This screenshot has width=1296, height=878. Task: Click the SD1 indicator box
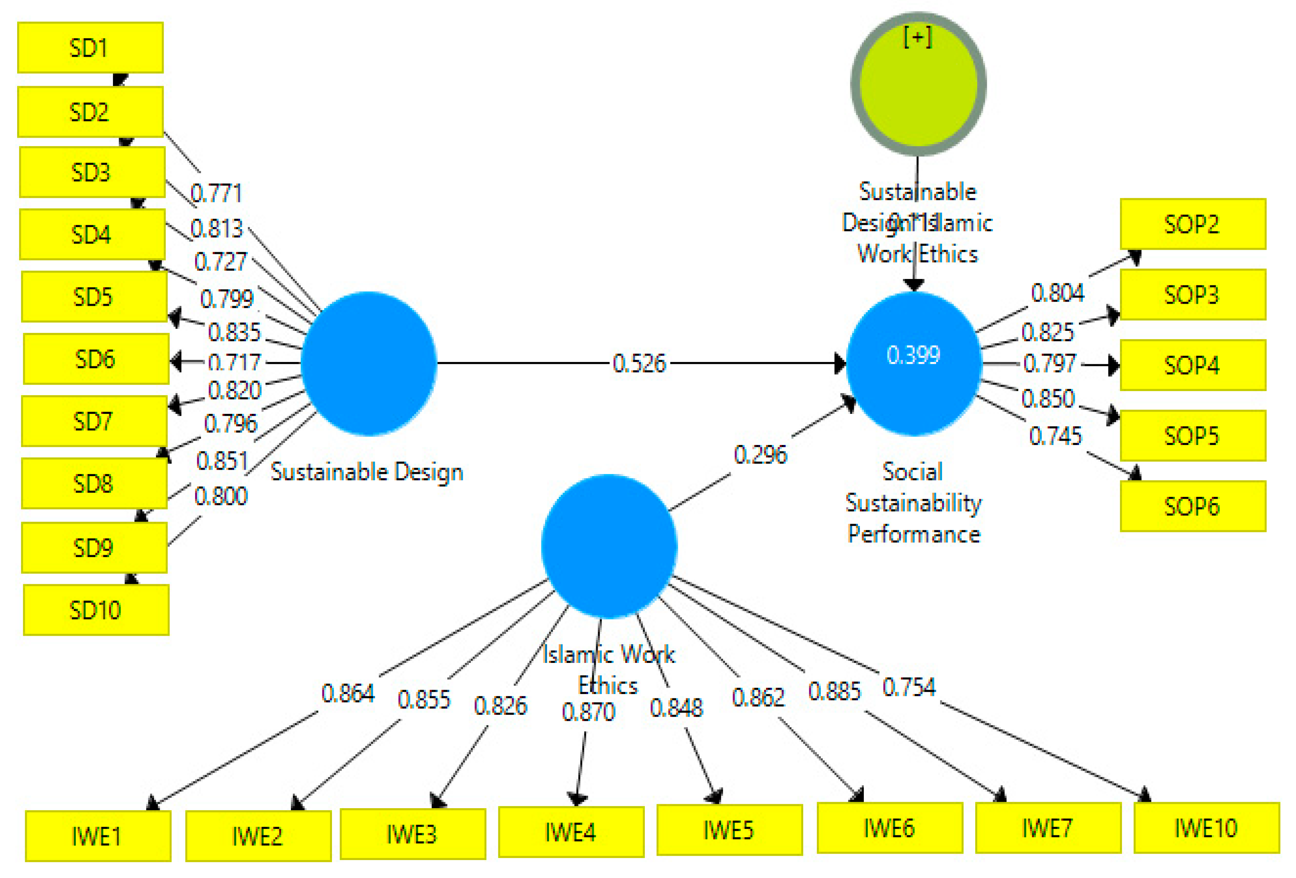pyautogui.click(x=90, y=48)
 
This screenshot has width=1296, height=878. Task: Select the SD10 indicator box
pyautogui.click(x=96, y=610)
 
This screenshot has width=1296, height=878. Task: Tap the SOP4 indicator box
pyautogui.click(x=1192, y=366)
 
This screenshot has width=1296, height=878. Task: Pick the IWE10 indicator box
pyautogui.click(x=1206, y=829)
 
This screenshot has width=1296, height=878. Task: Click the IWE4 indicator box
pyautogui.click(x=571, y=832)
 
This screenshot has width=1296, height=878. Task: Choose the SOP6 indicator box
pyautogui.click(x=1192, y=506)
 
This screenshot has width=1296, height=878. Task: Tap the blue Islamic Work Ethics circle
pyautogui.click(x=609, y=546)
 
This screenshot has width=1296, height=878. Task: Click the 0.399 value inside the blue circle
pyautogui.click(x=913, y=355)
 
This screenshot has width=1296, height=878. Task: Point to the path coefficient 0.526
pyautogui.click(x=639, y=364)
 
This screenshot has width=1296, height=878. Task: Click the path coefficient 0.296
pyautogui.click(x=760, y=455)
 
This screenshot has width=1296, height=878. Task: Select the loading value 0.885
pyautogui.click(x=834, y=692)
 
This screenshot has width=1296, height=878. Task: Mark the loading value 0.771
pyautogui.click(x=216, y=194)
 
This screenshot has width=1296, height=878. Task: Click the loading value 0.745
pyautogui.click(x=1055, y=436)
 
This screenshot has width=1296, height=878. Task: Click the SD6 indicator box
pyautogui.click(x=96, y=359)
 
